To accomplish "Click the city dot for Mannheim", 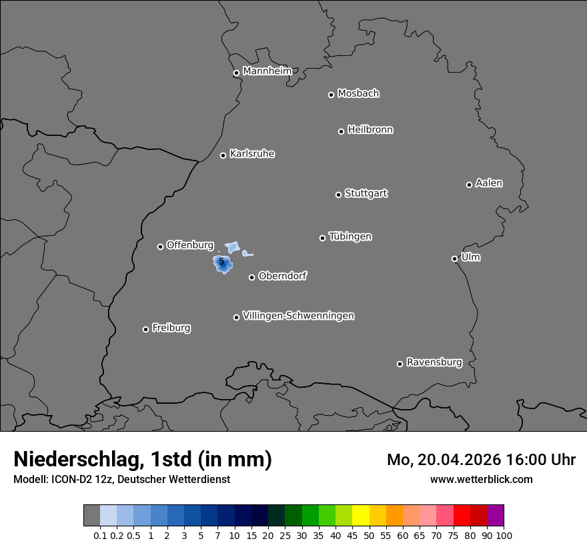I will (x=236, y=73).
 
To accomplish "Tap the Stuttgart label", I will (x=366, y=194).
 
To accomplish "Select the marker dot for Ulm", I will (x=454, y=259).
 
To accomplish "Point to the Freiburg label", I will (x=171, y=328).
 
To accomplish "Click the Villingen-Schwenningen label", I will (x=298, y=316).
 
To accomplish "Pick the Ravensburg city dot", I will (x=400, y=364).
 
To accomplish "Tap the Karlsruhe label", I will (x=252, y=154).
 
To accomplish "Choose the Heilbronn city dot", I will (x=341, y=131).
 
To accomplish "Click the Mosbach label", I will (x=358, y=94).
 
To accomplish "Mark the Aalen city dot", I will (x=469, y=185).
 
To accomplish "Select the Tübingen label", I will (x=350, y=237).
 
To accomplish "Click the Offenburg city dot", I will (x=160, y=247).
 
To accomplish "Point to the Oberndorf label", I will (x=283, y=276).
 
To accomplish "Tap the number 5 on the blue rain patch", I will (x=221, y=262).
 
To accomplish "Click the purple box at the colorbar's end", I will (x=495, y=515).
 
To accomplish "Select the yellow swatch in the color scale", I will (x=360, y=515).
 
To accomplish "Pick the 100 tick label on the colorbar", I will (x=504, y=535).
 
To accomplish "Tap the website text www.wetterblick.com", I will (x=482, y=480).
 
